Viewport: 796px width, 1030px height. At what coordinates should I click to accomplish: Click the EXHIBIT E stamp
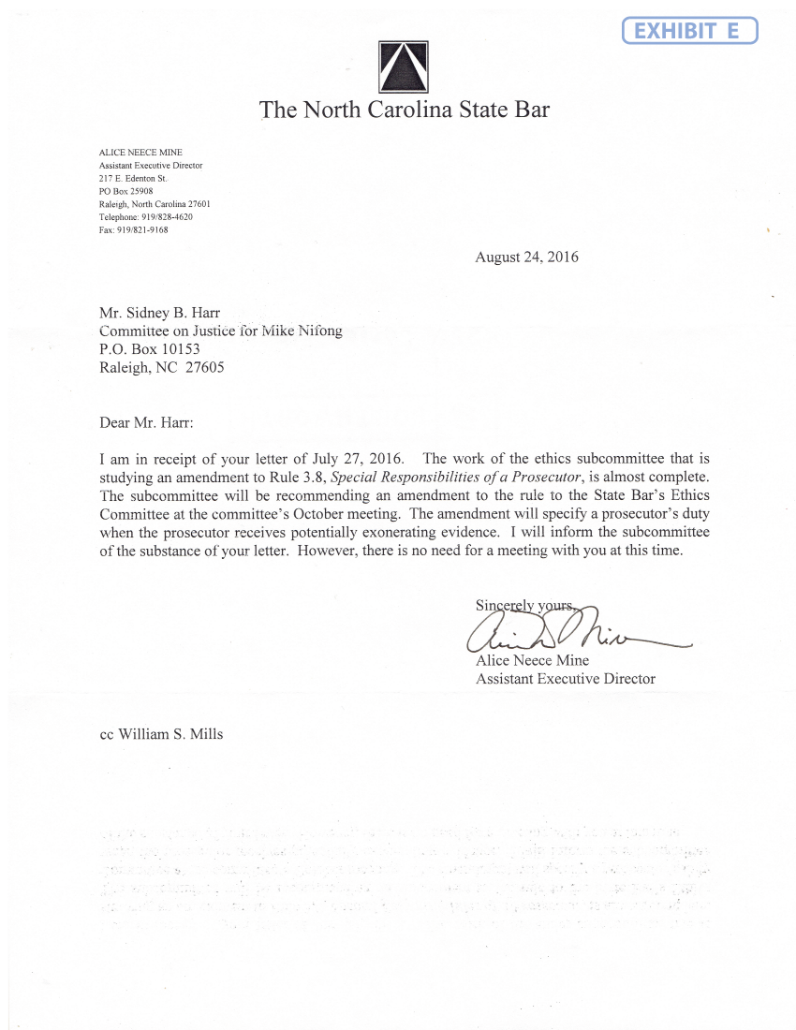tap(689, 31)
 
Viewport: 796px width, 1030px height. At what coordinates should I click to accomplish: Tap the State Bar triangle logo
tap(405, 66)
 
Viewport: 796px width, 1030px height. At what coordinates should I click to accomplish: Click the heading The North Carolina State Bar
tap(405, 110)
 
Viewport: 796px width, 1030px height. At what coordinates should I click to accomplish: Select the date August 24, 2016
tap(526, 257)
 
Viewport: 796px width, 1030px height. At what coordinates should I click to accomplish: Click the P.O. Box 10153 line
tap(150, 349)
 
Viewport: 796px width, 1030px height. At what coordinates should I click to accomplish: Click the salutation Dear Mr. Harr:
tap(146, 422)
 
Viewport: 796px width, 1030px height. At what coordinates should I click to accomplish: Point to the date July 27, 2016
tap(367, 459)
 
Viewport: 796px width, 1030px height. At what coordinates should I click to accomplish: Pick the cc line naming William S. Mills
tap(161, 734)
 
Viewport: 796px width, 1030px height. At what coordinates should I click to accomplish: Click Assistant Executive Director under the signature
tap(566, 679)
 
